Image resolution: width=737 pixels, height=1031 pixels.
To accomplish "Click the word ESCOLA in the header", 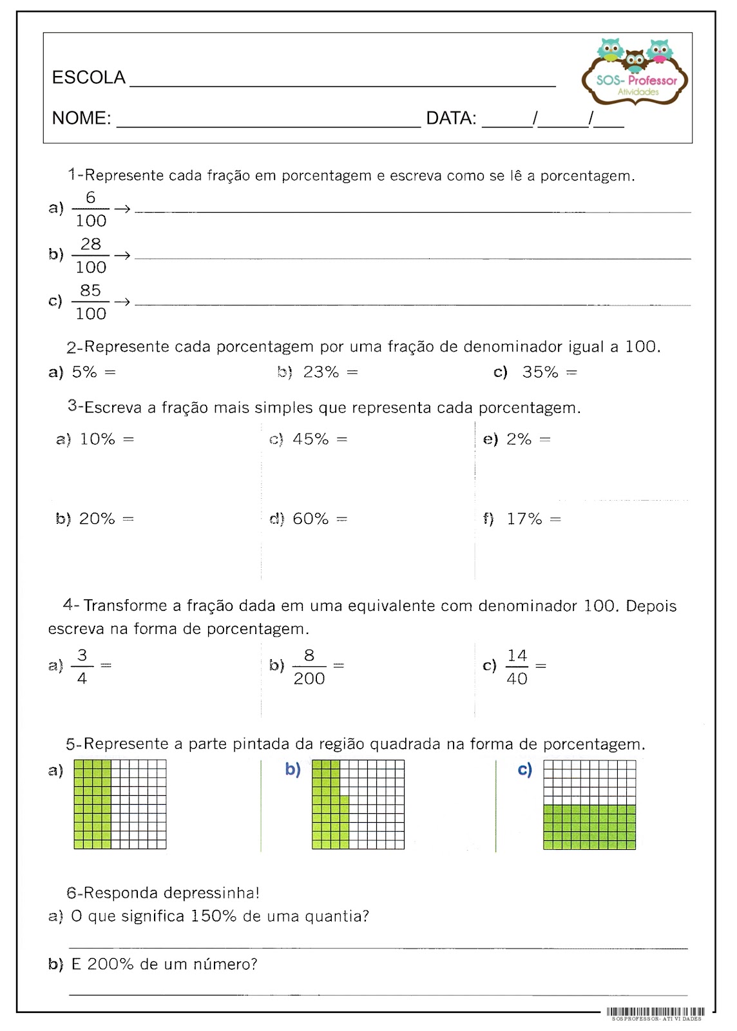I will pos(88,78).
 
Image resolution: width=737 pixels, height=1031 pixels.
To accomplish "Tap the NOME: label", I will pos(81,119).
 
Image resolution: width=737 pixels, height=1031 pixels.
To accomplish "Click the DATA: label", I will pos(451,119).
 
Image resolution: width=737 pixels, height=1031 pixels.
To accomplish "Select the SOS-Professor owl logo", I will pos(635,72).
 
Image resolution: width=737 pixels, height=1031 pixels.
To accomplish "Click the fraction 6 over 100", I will pos(90,209).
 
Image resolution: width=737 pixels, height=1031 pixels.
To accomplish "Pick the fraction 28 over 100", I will pos(90,256).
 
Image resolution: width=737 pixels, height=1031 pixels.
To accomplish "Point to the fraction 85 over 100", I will pos(90,302).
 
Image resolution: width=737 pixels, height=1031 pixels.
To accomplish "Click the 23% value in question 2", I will pos(321,372).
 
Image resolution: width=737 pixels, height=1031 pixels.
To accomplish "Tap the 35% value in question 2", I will pos(540,372).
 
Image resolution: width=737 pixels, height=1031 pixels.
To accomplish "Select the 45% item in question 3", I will pos(311,439).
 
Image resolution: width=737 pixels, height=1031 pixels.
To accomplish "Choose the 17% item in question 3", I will pos(524,519).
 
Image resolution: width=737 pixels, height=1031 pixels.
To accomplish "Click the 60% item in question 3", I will pos(311,519).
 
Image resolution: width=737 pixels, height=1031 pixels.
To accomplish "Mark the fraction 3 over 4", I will pos(82,667).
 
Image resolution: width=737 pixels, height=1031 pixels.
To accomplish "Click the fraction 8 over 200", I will pos(309,667).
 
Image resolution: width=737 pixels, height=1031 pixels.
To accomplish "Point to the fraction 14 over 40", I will pos(517,667).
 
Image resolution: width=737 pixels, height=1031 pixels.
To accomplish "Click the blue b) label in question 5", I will pos(292,769).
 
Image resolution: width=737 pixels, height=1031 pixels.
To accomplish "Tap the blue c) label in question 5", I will pos(525,769).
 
